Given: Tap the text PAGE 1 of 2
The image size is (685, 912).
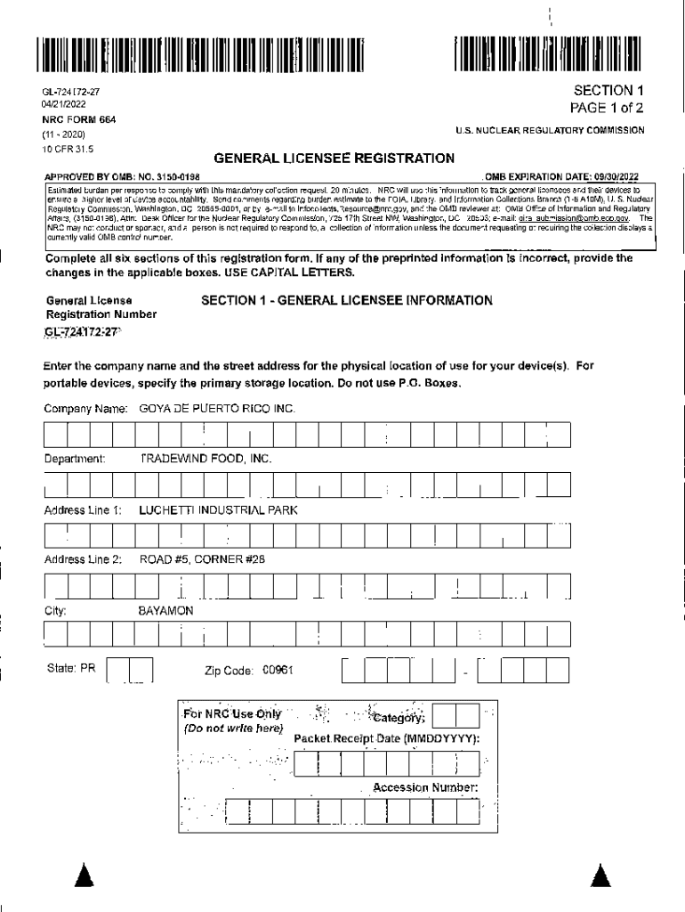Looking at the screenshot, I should point(607,108).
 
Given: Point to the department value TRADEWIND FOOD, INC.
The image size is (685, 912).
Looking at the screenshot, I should point(205,459).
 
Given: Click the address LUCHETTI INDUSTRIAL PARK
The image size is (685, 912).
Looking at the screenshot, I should point(218,510).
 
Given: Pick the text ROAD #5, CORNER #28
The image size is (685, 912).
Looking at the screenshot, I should point(202,560).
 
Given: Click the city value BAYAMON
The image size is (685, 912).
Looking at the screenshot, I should point(165,612).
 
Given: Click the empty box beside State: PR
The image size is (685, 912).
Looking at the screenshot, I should point(130,670).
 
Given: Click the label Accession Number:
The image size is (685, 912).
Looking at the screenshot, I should point(425,787).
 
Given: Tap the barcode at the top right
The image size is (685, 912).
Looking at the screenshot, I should point(547,55).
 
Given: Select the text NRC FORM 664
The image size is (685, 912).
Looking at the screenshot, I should point(79,118).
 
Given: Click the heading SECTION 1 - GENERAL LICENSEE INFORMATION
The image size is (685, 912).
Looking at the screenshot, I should point(347,301).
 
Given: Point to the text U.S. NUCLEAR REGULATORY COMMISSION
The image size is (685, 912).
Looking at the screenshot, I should point(550,130).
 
